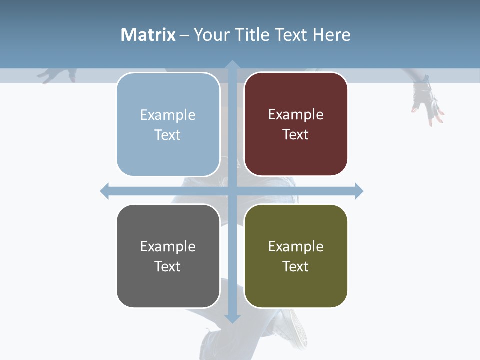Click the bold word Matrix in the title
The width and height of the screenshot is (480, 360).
coord(148,35)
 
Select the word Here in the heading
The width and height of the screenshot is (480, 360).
coord(331,35)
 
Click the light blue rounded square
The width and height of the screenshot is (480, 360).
coord(168,124)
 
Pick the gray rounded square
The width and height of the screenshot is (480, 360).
coord(168,256)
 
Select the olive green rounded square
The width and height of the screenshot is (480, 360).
coord(296,256)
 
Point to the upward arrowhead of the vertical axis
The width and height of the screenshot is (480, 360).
coord(232,65)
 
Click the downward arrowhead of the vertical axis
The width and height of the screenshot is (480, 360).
coord(232,318)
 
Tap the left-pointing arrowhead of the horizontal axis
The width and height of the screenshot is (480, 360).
coord(105,191)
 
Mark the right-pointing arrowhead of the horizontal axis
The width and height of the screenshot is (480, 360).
coord(359,191)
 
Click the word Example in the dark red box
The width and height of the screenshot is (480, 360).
coord(296,114)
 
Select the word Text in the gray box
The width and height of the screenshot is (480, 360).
coord(167,266)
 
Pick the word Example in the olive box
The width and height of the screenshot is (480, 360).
coord(296,246)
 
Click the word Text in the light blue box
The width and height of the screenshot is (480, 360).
coord(167,135)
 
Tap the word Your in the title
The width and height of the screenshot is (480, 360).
coord(212,35)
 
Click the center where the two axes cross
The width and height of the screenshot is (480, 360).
coord(232,191)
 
